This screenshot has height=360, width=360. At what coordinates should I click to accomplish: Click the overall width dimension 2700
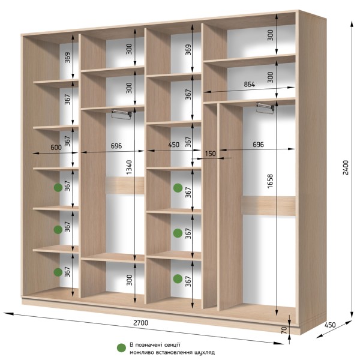[141, 323]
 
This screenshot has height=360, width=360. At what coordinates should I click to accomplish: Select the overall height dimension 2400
[346, 167]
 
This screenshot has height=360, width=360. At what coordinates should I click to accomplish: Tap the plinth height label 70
[284, 330]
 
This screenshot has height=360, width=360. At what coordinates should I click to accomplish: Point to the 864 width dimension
[250, 85]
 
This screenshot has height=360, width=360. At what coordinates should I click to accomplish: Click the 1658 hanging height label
[270, 181]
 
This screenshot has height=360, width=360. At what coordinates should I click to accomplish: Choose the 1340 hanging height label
[129, 167]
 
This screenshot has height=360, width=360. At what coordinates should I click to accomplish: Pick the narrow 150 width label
[211, 154]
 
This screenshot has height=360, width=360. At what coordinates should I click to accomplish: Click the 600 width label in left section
[56, 147]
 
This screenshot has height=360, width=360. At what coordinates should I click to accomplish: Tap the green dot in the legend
[121, 348]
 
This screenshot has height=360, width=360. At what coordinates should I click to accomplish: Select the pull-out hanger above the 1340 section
[121, 114]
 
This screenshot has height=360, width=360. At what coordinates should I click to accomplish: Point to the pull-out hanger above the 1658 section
[265, 107]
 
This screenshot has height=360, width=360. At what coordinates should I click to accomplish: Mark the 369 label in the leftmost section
[67, 58]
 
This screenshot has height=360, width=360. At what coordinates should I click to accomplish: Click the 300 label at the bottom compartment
[130, 280]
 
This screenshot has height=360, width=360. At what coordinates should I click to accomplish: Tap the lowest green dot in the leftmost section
[58, 272]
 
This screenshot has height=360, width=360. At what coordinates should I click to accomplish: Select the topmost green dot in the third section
[178, 188]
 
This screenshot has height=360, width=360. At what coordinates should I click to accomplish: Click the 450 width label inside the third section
[174, 145]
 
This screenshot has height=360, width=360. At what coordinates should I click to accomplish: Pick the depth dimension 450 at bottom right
[330, 325]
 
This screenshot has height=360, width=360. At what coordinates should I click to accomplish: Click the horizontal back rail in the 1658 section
[269, 206]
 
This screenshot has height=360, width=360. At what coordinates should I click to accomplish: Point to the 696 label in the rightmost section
[258, 145]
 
